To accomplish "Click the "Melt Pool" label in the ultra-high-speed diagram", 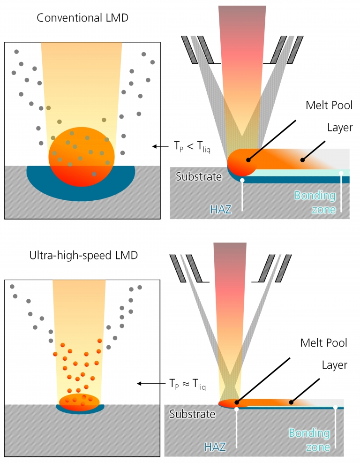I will click(x=324, y=343).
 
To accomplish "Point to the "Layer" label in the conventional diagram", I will click(x=340, y=127).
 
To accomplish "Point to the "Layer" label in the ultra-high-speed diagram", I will click(x=335, y=365).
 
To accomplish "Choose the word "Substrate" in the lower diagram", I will click(x=192, y=414).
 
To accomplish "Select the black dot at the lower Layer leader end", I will click(x=291, y=402).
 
